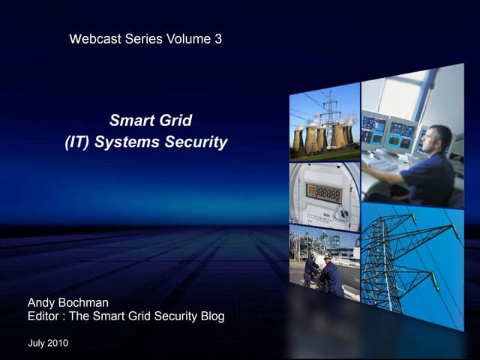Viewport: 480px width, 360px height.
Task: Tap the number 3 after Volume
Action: tap(217, 39)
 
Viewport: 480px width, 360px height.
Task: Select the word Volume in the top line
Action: tap(188, 39)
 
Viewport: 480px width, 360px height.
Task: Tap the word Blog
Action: tap(210, 316)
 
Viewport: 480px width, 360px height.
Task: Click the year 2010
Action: tap(57, 343)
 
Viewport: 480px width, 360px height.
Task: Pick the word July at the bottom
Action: tap(36, 343)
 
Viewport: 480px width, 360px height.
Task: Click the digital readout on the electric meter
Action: tap(323, 193)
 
